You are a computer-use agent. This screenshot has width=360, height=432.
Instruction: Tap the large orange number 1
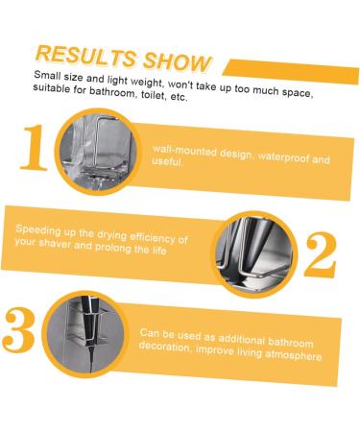pyautogui.click(x=35, y=148)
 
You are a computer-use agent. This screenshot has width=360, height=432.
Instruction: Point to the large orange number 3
pyautogui.click(x=21, y=330)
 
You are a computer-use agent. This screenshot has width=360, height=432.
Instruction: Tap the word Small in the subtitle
pyautogui.click(x=52, y=74)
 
